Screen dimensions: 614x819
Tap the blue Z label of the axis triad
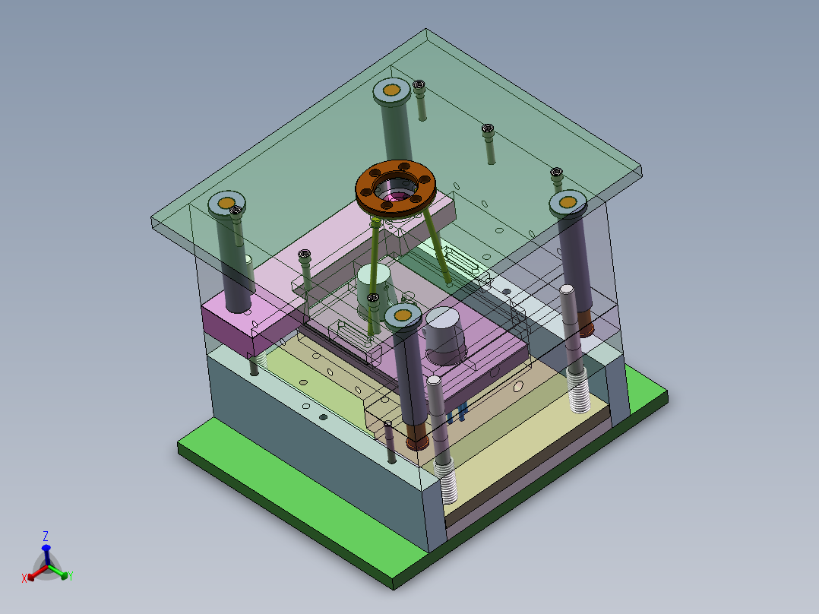[46, 536]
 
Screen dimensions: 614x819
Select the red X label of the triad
[24, 578]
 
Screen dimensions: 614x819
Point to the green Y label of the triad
[69, 576]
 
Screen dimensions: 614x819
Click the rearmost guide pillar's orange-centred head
[392, 91]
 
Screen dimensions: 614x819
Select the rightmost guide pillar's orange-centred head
[568, 203]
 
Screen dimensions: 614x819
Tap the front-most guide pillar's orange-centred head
[403, 314]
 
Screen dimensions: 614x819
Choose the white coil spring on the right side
[580, 389]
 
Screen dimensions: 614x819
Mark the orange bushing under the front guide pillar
[416, 440]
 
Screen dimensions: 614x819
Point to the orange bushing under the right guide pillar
[585, 326]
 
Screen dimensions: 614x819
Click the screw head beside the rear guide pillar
[419, 87]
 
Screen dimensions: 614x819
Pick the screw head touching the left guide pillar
[237, 210]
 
